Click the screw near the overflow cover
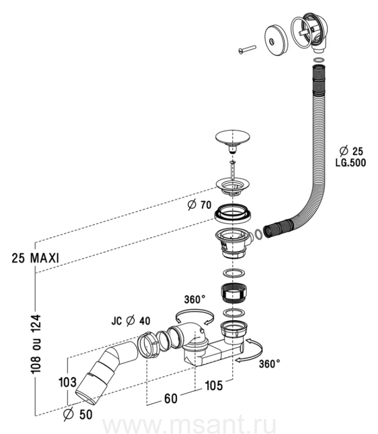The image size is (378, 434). (247, 49)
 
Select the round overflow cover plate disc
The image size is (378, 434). (276, 41)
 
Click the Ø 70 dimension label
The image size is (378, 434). (199, 205)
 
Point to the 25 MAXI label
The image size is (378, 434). (35, 258)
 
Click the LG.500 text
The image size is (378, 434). (351, 163)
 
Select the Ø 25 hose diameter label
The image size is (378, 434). (351, 151)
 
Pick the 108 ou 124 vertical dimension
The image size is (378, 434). (36, 344)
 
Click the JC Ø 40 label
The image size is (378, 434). (131, 321)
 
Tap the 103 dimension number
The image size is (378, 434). (67, 382)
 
